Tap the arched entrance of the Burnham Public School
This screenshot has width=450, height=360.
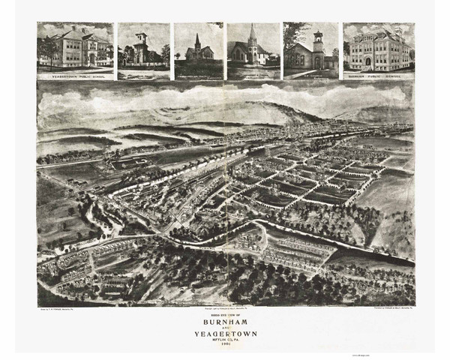(368, 61)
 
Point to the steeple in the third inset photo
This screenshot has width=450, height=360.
(197, 41)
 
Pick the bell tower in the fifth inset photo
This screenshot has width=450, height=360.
(318, 41)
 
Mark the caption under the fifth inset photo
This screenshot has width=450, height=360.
(310, 76)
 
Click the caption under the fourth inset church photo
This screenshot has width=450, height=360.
(253, 76)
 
